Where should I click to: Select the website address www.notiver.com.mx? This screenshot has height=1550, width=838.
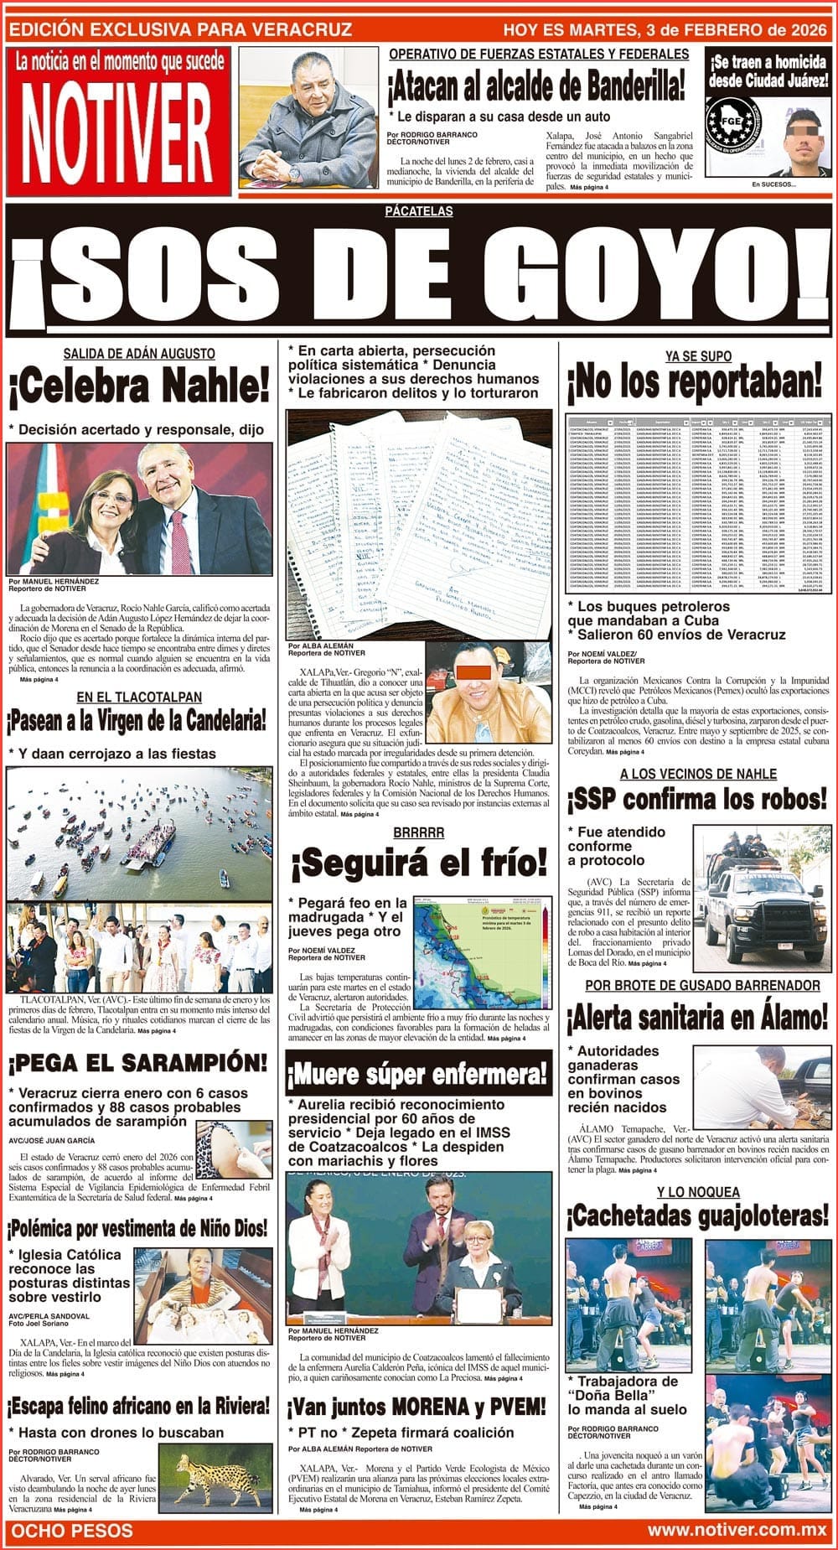coord(737,1531)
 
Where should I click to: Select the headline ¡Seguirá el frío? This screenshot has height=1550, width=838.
coord(418,863)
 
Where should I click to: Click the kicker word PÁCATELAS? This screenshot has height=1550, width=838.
coord(419,211)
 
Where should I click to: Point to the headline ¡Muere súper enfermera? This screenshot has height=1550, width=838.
coord(418,1074)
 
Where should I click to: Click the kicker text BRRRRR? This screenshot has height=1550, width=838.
coord(418,832)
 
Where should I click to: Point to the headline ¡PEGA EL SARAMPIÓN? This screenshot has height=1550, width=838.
coord(138,1063)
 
